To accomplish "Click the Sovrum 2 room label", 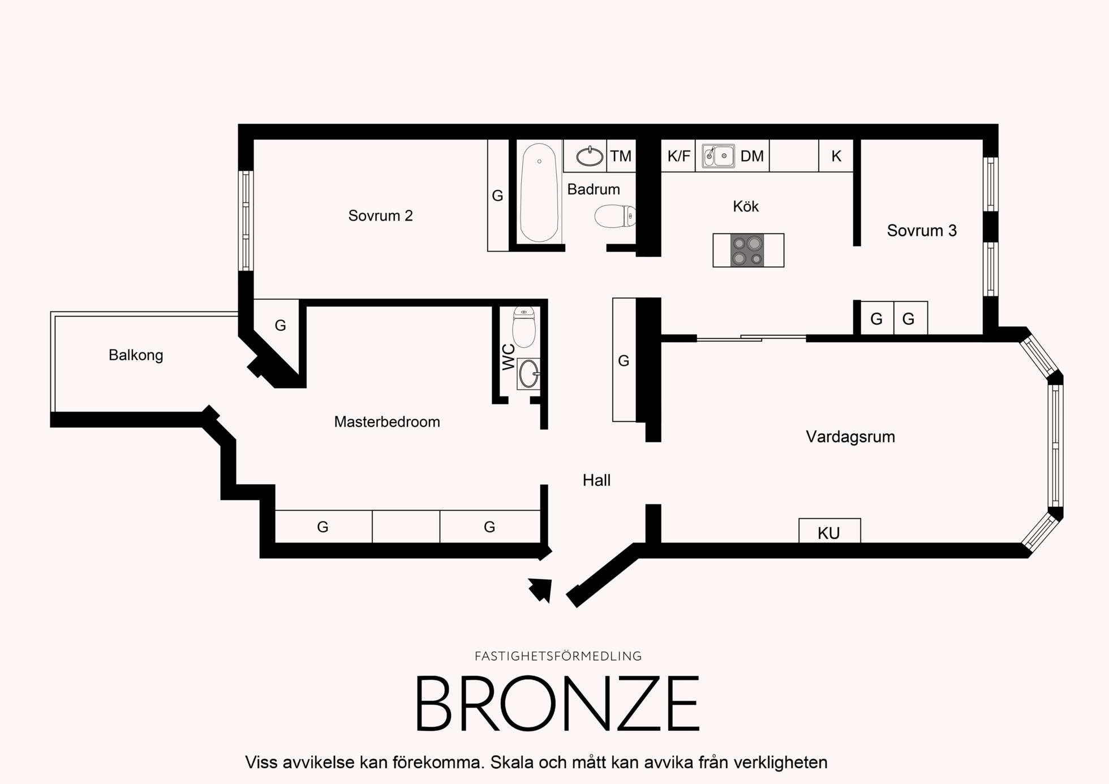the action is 380,216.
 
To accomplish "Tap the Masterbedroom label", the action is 387,422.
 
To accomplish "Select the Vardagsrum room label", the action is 850,437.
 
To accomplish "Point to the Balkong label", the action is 136,355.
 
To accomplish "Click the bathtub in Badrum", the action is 539,192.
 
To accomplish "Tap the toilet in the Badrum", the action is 615,216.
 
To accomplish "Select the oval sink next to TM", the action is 590,156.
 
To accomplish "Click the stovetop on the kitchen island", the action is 747,250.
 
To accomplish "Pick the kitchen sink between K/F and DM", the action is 719,156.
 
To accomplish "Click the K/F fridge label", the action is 679,156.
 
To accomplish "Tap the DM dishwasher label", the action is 752,156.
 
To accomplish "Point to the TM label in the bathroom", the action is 621,156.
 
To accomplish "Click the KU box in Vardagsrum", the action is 829,531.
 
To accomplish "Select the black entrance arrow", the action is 541,590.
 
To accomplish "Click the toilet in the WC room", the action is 524,327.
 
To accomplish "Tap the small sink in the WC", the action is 529,373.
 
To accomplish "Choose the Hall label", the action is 596,480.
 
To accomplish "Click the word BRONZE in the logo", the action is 558,703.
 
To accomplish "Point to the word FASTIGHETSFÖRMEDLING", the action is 558,656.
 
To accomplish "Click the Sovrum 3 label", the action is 922,231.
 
